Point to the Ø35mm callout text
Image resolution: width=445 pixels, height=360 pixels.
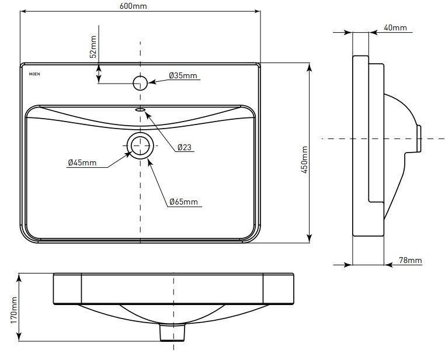coord(183,75)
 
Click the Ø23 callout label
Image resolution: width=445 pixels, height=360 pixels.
coord(185,148)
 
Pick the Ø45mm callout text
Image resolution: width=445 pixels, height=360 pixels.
coord(82,162)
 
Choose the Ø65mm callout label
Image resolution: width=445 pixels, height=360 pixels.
coord(183,202)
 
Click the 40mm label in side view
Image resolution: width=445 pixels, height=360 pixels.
coord(395,27)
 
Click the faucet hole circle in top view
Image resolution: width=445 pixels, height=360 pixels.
coord(140,82)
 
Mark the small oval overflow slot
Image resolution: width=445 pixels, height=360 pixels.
coord(141,109)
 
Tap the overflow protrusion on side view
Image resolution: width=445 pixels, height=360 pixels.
coord(418,138)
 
